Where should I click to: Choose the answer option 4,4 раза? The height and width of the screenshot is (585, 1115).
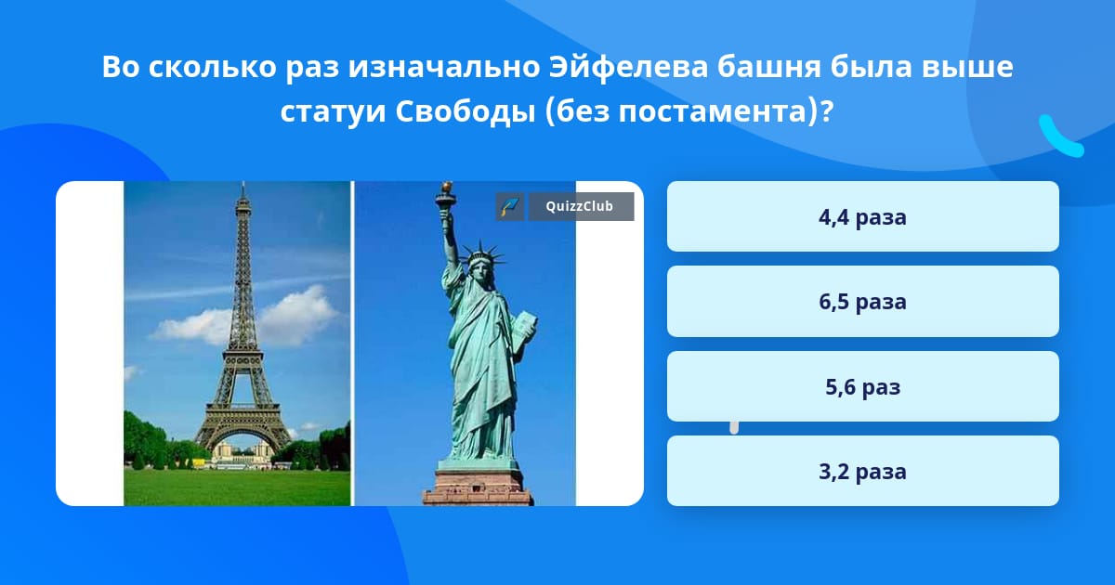coord(862,216)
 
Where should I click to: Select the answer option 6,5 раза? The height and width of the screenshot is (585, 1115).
coord(862,302)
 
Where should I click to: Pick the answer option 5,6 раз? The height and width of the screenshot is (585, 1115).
coord(862,386)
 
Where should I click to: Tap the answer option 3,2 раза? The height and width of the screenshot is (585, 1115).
coord(862,471)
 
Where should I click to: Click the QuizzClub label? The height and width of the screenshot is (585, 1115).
coord(581,206)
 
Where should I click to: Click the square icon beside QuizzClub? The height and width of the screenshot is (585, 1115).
coord(510,206)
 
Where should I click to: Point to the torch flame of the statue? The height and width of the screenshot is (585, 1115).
coord(448,188)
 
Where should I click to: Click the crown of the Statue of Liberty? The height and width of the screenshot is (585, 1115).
coord(482,254)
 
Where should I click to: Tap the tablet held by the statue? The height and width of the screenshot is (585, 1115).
coord(525,330)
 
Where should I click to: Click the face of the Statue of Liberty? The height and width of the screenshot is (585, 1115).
coord(480,271)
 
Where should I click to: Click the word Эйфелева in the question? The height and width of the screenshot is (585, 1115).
coord(628,66)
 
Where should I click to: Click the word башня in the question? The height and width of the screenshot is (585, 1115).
coord(768,66)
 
